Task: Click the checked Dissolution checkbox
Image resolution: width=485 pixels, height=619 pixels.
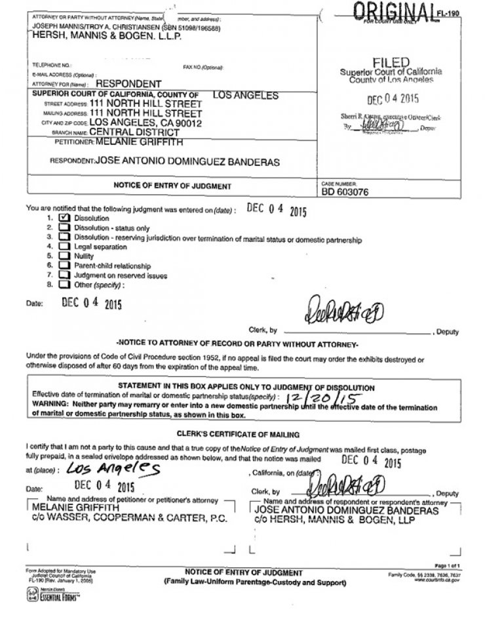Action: pyautogui.click(x=64, y=217)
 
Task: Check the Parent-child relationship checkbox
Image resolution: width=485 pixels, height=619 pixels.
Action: pyautogui.click(x=64, y=266)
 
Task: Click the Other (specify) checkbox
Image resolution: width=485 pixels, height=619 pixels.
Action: pyautogui.click(x=64, y=285)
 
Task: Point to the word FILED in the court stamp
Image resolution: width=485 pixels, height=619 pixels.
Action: pyautogui.click(x=391, y=62)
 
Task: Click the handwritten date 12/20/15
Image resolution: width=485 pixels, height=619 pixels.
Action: pyautogui.click(x=307, y=398)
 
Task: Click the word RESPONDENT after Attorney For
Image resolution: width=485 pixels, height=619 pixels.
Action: pyautogui.click(x=128, y=84)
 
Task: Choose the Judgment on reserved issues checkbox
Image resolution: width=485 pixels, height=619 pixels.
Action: pyautogui.click(x=64, y=275)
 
